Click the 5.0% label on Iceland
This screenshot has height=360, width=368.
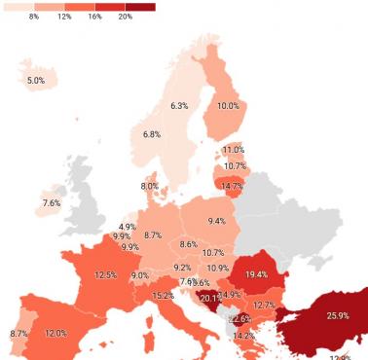36,80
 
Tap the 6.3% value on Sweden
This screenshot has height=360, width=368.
179,105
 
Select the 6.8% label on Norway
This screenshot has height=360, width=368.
152,134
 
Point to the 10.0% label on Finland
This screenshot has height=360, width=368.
228,106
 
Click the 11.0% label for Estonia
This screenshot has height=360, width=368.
233,150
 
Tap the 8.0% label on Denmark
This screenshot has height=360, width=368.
149,186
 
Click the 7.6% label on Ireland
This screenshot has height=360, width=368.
52,203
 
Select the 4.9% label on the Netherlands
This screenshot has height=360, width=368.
128,227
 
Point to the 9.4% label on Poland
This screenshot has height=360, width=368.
216,221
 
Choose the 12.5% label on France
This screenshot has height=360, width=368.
105,275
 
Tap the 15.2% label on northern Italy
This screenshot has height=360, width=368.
163,295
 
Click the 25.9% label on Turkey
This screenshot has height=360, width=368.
338,316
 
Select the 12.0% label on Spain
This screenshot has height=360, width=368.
55,334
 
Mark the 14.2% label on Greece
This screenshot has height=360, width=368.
243,336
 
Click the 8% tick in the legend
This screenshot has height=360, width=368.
34,18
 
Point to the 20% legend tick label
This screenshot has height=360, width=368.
126,18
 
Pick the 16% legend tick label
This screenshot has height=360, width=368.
94,18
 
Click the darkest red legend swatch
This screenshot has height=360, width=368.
140,7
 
